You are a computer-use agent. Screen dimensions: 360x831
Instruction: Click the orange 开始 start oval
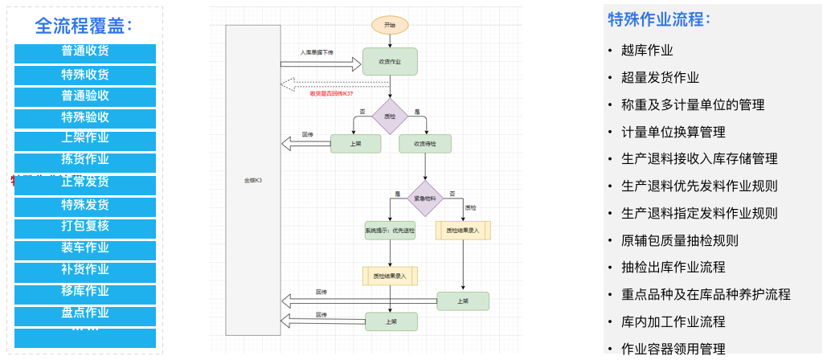pos(390,25)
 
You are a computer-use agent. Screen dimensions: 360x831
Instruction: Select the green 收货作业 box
pos(390,61)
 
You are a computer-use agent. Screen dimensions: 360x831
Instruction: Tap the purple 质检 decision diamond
pos(390,117)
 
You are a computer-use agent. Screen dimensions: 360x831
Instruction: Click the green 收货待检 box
pos(424,144)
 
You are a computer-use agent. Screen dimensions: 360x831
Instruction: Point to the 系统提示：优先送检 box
pos(390,231)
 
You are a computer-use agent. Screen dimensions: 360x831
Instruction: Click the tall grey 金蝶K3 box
pos(253,180)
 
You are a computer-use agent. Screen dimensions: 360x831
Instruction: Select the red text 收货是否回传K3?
pos(332,93)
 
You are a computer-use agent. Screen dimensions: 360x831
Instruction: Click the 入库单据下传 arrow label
pos(317,52)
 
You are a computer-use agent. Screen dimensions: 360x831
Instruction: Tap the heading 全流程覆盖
pos(84,26)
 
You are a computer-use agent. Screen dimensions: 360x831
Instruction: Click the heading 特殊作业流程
pos(659,19)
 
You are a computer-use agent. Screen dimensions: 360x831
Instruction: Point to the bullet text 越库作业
pos(647,51)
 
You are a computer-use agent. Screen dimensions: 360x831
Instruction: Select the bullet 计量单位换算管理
pos(673,132)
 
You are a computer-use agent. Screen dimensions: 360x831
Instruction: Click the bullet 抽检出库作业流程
pos(673,267)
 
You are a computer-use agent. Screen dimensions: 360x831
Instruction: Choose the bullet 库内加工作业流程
pos(673,321)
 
